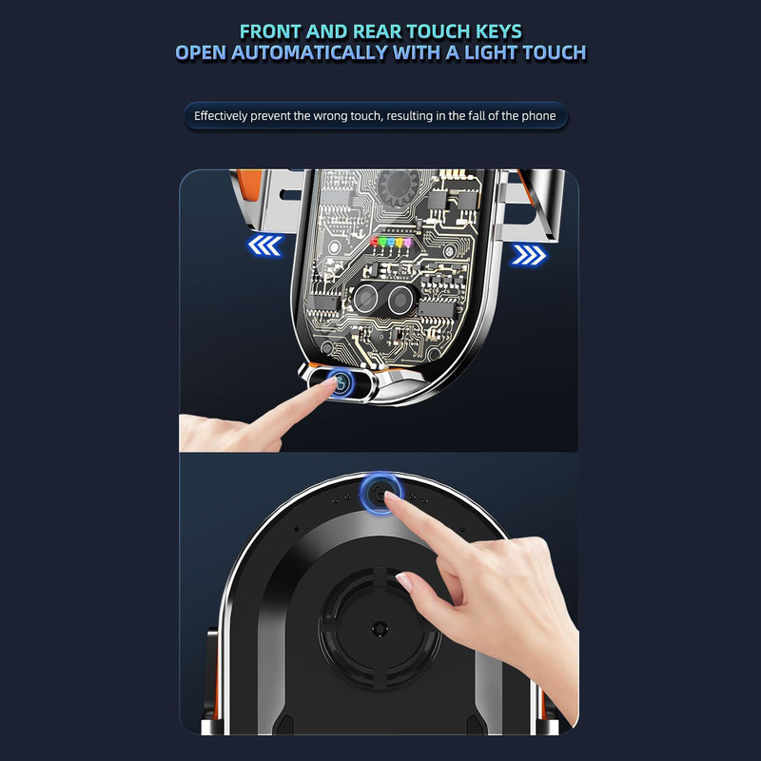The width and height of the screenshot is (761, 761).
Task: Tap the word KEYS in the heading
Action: coord(498,31)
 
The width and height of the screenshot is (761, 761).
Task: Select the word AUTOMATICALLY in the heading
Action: coord(309,52)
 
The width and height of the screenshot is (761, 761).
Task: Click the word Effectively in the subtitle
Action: coord(221,116)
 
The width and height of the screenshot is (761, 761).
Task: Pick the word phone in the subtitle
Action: coord(538,116)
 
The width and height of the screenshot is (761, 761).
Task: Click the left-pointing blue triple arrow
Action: coord(264,245)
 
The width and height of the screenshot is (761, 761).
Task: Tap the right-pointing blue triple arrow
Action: coord(529,255)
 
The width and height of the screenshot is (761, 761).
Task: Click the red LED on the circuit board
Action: coord(375,242)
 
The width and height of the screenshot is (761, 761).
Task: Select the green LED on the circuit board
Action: coord(383,242)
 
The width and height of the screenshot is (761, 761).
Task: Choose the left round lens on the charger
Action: coord(366,298)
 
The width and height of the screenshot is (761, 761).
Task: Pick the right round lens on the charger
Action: coord(400,298)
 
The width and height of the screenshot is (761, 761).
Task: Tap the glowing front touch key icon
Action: coord(341,382)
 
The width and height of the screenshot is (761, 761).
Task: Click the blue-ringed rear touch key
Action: coord(381,493)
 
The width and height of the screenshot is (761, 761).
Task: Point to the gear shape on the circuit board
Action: coord(399,185)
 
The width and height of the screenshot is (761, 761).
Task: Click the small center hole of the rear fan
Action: coord(380,630)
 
